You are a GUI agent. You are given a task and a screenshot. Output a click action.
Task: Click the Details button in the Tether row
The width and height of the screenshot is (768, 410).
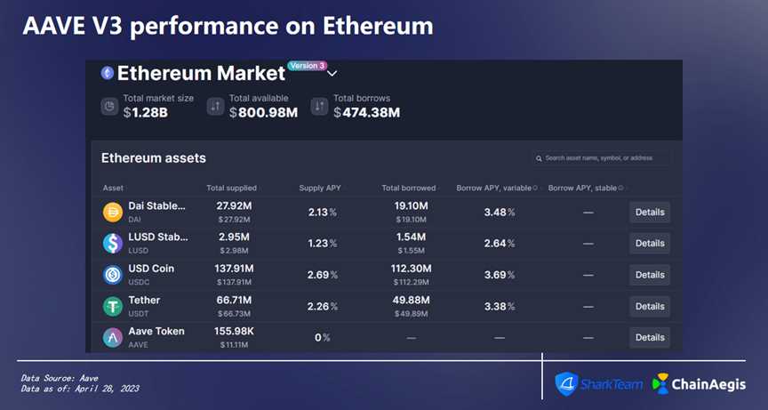pos(650,306)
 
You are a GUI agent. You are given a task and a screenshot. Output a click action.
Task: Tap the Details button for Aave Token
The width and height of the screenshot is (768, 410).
pos(650,337)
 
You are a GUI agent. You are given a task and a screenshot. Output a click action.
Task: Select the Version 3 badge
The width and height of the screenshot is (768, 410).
pos(308,66)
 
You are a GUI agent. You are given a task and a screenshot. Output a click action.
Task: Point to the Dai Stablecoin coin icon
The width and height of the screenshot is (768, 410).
pos(113,212)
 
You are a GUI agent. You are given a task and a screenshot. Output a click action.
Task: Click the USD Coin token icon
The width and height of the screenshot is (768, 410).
pos(113,275)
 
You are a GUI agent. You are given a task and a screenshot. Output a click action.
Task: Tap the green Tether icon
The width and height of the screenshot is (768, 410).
pos(113,306)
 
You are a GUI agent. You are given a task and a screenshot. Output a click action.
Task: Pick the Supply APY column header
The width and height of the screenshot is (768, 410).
pos(320,188)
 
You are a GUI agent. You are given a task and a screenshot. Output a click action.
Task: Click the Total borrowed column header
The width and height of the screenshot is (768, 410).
pos(409,188)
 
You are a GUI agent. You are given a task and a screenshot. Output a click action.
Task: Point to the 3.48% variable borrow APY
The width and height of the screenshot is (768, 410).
pos(500,212)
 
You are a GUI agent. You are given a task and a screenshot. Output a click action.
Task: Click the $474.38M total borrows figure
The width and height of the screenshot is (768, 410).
pos(366,112)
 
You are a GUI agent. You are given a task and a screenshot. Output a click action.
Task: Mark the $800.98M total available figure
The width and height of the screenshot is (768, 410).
pos(263,112)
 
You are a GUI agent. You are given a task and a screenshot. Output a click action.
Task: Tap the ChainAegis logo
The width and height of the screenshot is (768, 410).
pos(699,383)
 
